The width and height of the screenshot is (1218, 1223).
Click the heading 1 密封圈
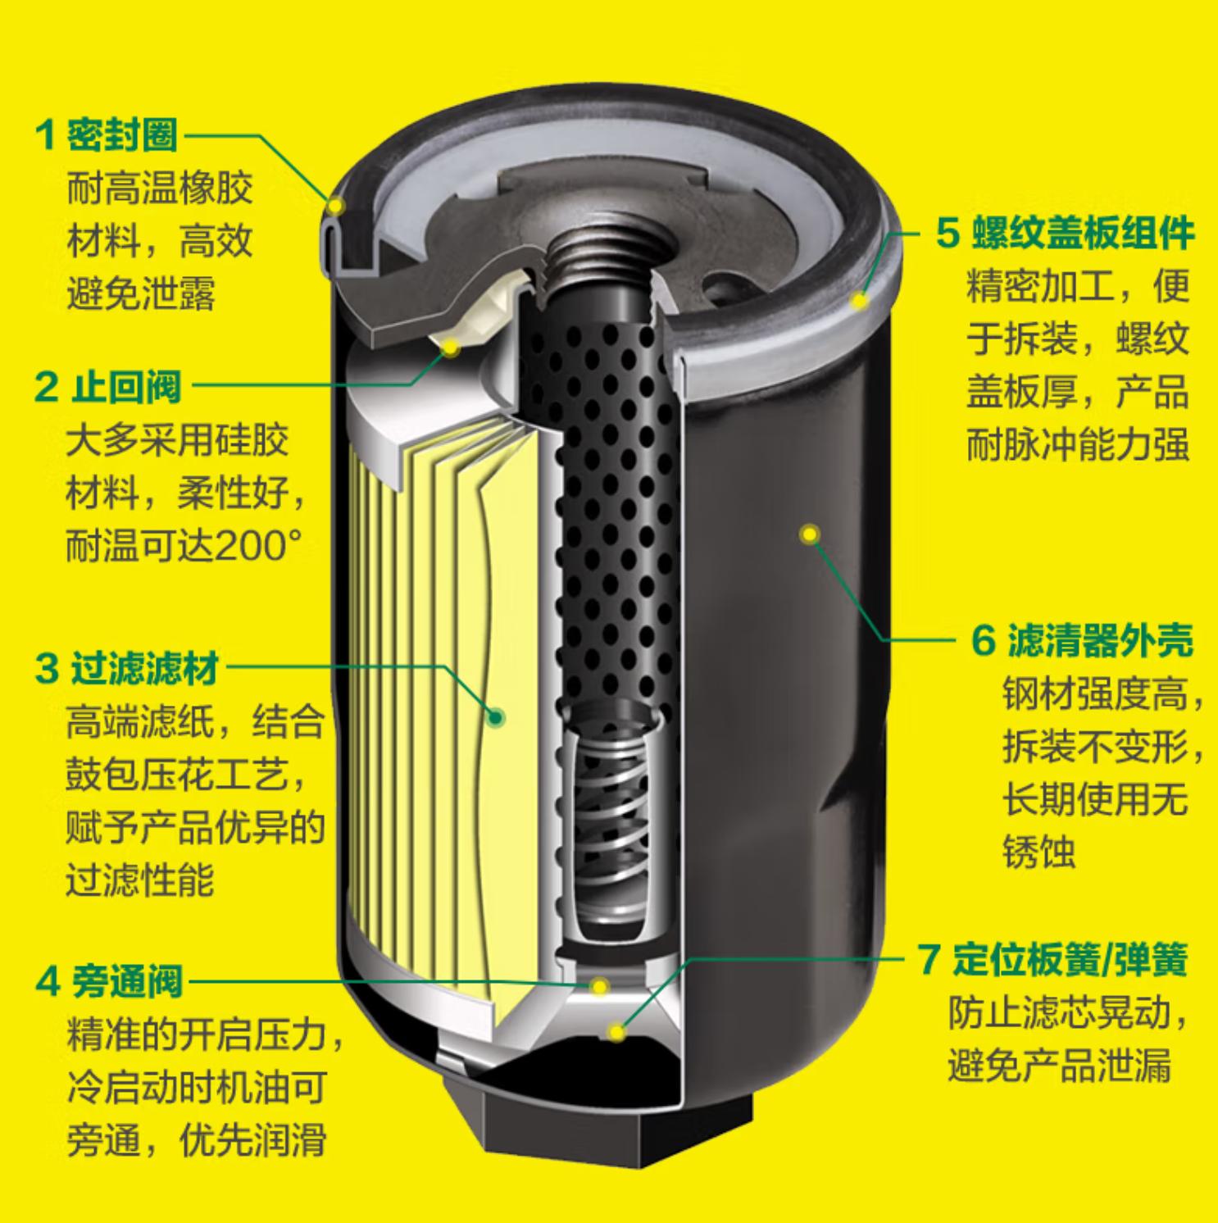click(107, 134)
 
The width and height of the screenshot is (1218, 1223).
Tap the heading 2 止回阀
click(107, 387)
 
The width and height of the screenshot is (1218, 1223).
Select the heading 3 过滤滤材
click(127, 670)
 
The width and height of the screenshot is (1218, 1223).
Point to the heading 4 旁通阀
click(108, 980)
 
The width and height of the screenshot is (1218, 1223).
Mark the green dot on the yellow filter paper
click(495, 718)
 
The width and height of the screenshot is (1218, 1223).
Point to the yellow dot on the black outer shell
click(810, 534)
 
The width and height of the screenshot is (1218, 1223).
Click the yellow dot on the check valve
click(451, 348)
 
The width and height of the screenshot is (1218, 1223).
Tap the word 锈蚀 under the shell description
click(1038, 852)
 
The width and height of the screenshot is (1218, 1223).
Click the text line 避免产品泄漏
click(1059, 1066)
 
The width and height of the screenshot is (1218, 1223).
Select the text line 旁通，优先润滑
click(197, 1139)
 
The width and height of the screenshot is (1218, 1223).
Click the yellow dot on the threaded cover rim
click(859, 301)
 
